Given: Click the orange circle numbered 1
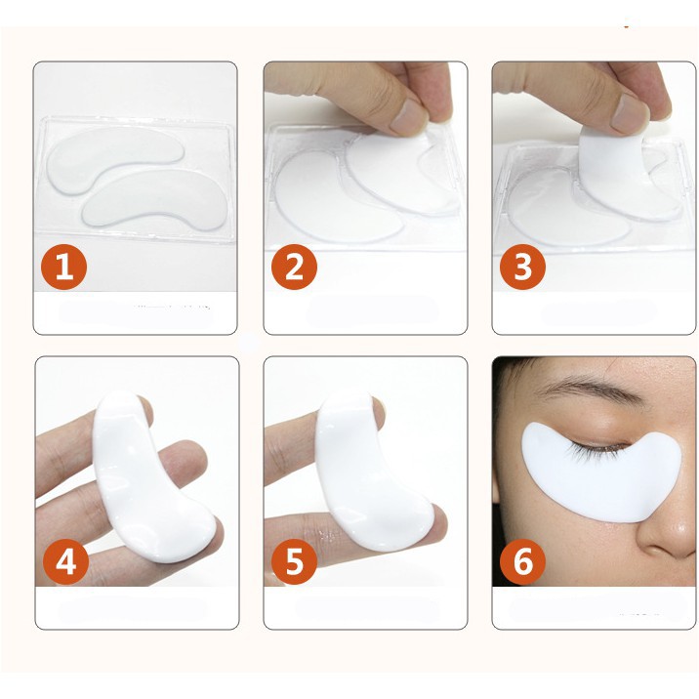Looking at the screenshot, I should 64,267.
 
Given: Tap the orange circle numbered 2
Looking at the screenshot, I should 294,267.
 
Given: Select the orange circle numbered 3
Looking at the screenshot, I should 523,267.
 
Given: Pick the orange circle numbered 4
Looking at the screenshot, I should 64,562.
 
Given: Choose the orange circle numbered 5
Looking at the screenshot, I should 294,562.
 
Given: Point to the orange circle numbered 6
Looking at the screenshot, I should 523,562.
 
